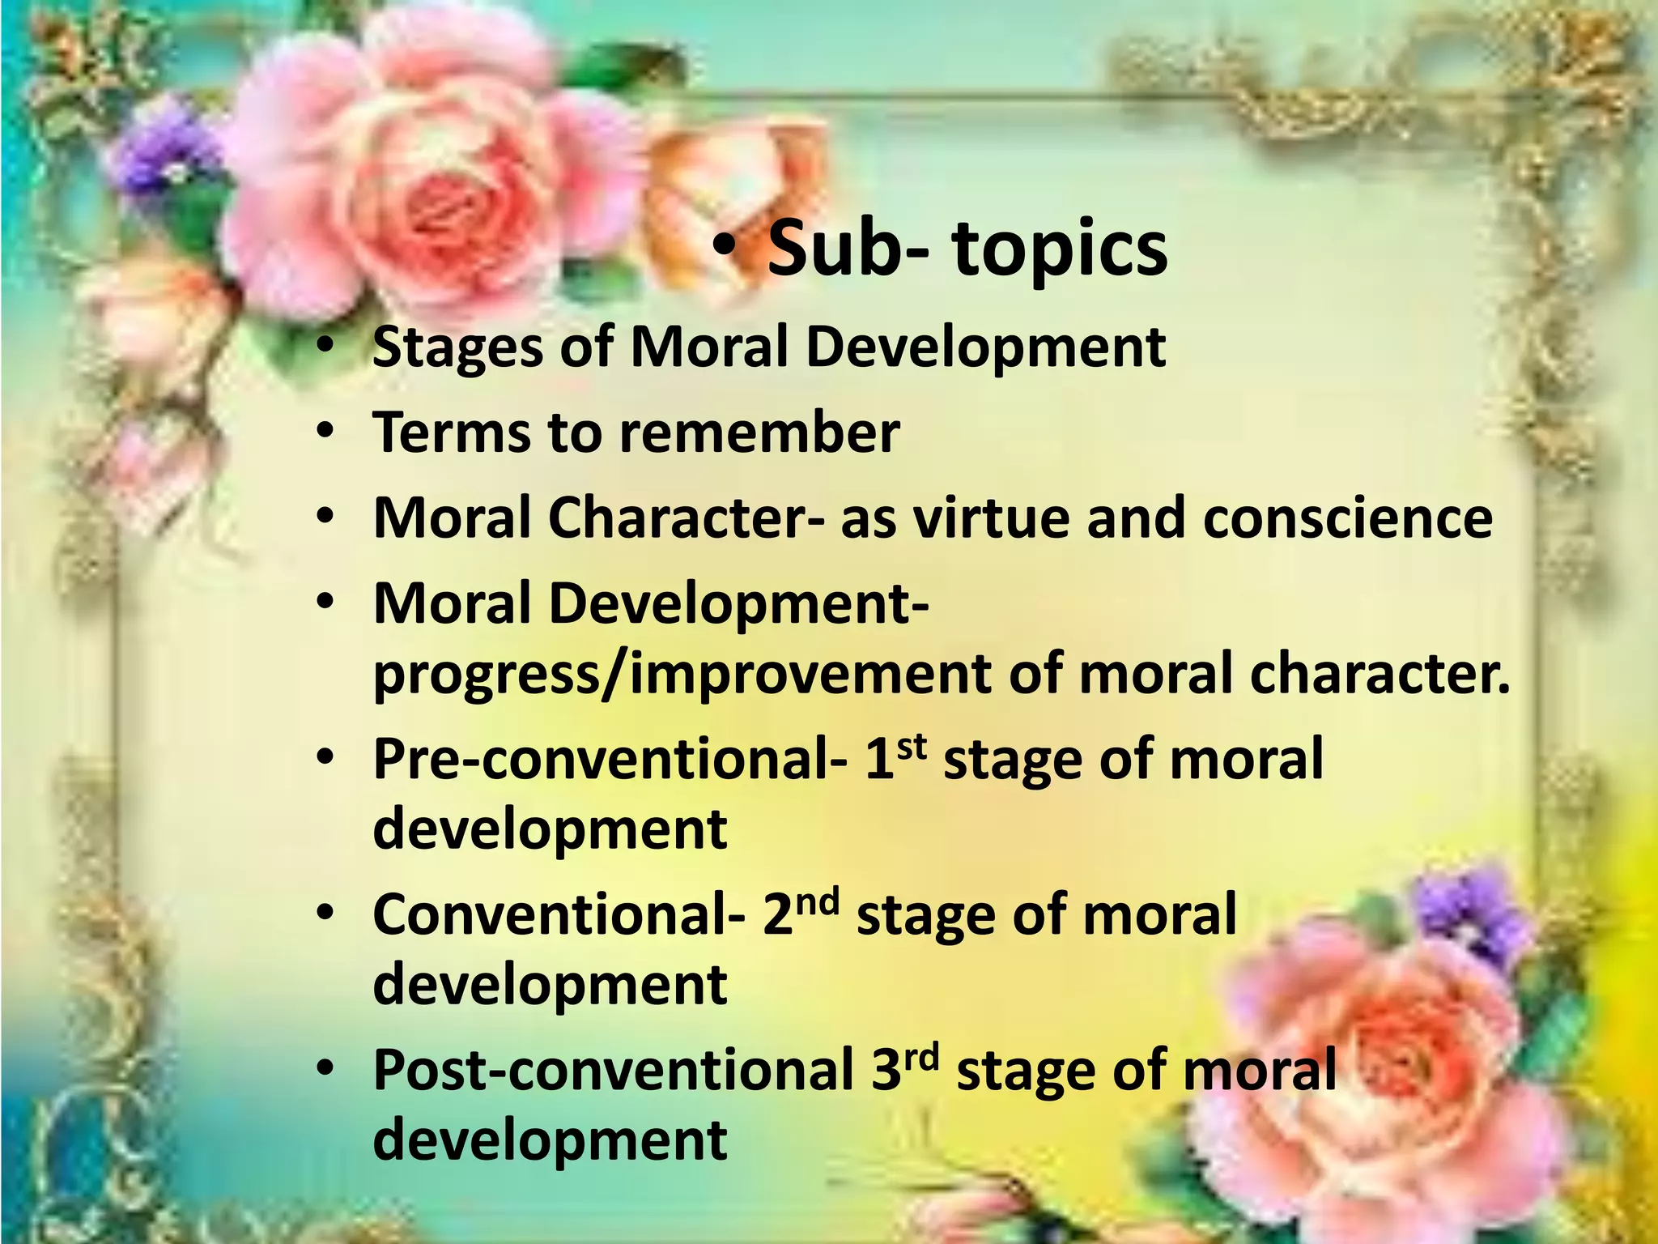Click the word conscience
click(1347, 518)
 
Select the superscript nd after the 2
click(816, 901)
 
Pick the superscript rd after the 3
click(921, 1056)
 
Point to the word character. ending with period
click(1380, 674)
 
